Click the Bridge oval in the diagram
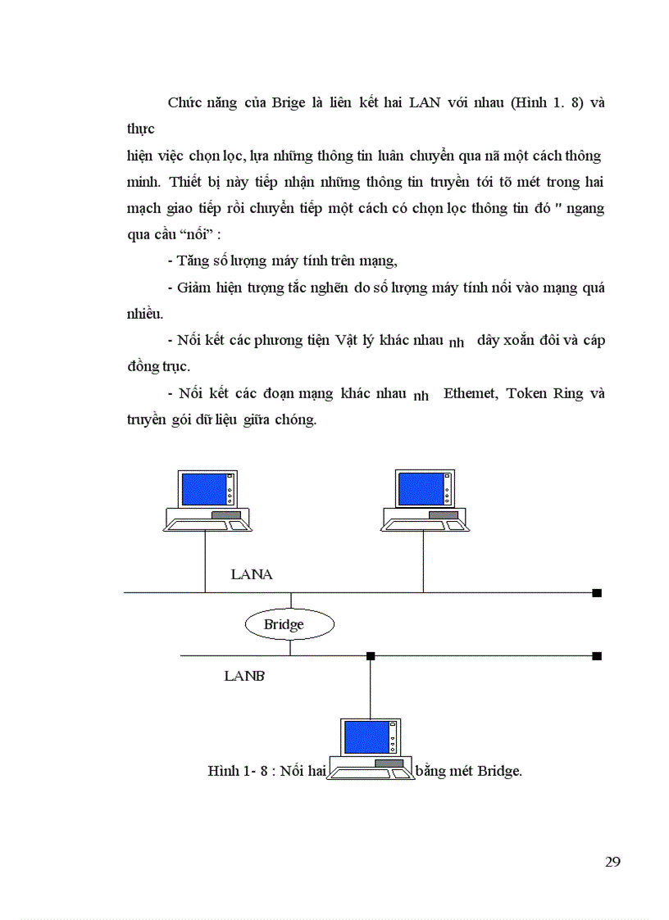click(x=289, y=625)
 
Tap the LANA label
click(x=252, y=574)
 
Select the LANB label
click(x=243, y=676)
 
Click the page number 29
click(x=612, y=861)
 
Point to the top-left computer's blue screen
click(x=203, y=489)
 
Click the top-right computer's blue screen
click(x=419, y=488)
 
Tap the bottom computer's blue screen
click(x=365, y=737)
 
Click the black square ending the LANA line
click(x=597, y=592)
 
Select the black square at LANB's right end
click(x=597, y=655)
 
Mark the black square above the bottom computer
click(x=371, y=655)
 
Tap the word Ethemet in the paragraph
click(x=471, y=393)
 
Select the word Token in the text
click(x=528, y=393)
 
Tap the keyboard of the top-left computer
click(x=208, y=523)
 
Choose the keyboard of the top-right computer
click(x=425, y=523)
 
